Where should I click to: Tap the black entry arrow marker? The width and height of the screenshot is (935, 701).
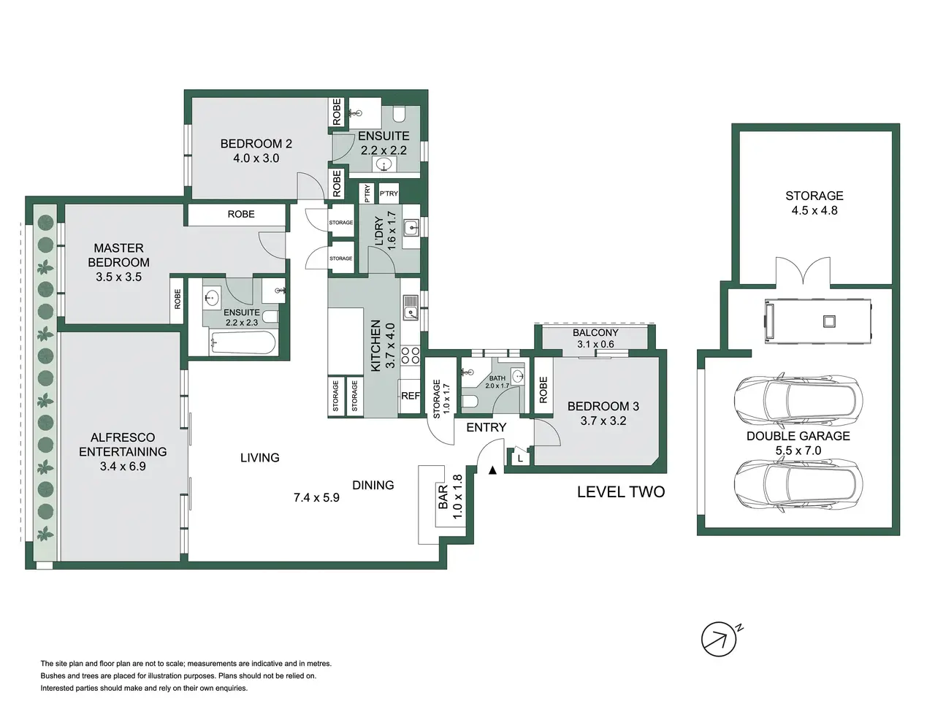tap(492, 470)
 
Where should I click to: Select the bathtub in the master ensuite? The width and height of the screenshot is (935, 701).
tap(243, 342)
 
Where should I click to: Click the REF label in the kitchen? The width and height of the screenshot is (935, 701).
tap(411, 396)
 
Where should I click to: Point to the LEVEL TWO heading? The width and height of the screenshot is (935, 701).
tap(621, 492)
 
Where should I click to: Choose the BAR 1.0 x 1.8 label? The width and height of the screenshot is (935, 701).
tap(450, 497)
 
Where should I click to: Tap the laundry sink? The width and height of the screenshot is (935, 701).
tap(411, 228)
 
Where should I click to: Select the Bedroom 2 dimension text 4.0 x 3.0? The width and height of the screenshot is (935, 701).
tap(256, 158)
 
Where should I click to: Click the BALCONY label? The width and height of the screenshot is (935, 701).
tap(595, 332)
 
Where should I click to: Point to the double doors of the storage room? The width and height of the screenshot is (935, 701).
tap(803, 271)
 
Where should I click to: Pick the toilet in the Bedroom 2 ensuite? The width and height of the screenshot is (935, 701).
tap(399, 114)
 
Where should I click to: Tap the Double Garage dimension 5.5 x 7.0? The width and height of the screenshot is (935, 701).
tap(798, 451)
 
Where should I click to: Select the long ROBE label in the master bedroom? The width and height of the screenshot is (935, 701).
tap(241, 214)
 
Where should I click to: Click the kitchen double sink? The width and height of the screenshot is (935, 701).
tap(411, 307)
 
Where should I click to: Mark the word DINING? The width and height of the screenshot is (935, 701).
tap(373, 485)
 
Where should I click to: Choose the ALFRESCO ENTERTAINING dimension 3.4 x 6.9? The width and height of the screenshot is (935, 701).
tap(123, 467)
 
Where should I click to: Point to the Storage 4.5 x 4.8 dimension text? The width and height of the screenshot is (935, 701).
tap(814, 210)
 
